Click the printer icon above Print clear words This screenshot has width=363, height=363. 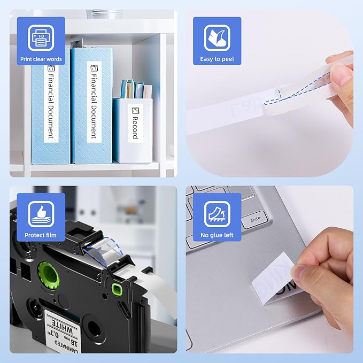coord(41,37)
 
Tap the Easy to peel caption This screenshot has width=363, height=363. coord(217,59)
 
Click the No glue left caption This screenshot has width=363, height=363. coord(217,235)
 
